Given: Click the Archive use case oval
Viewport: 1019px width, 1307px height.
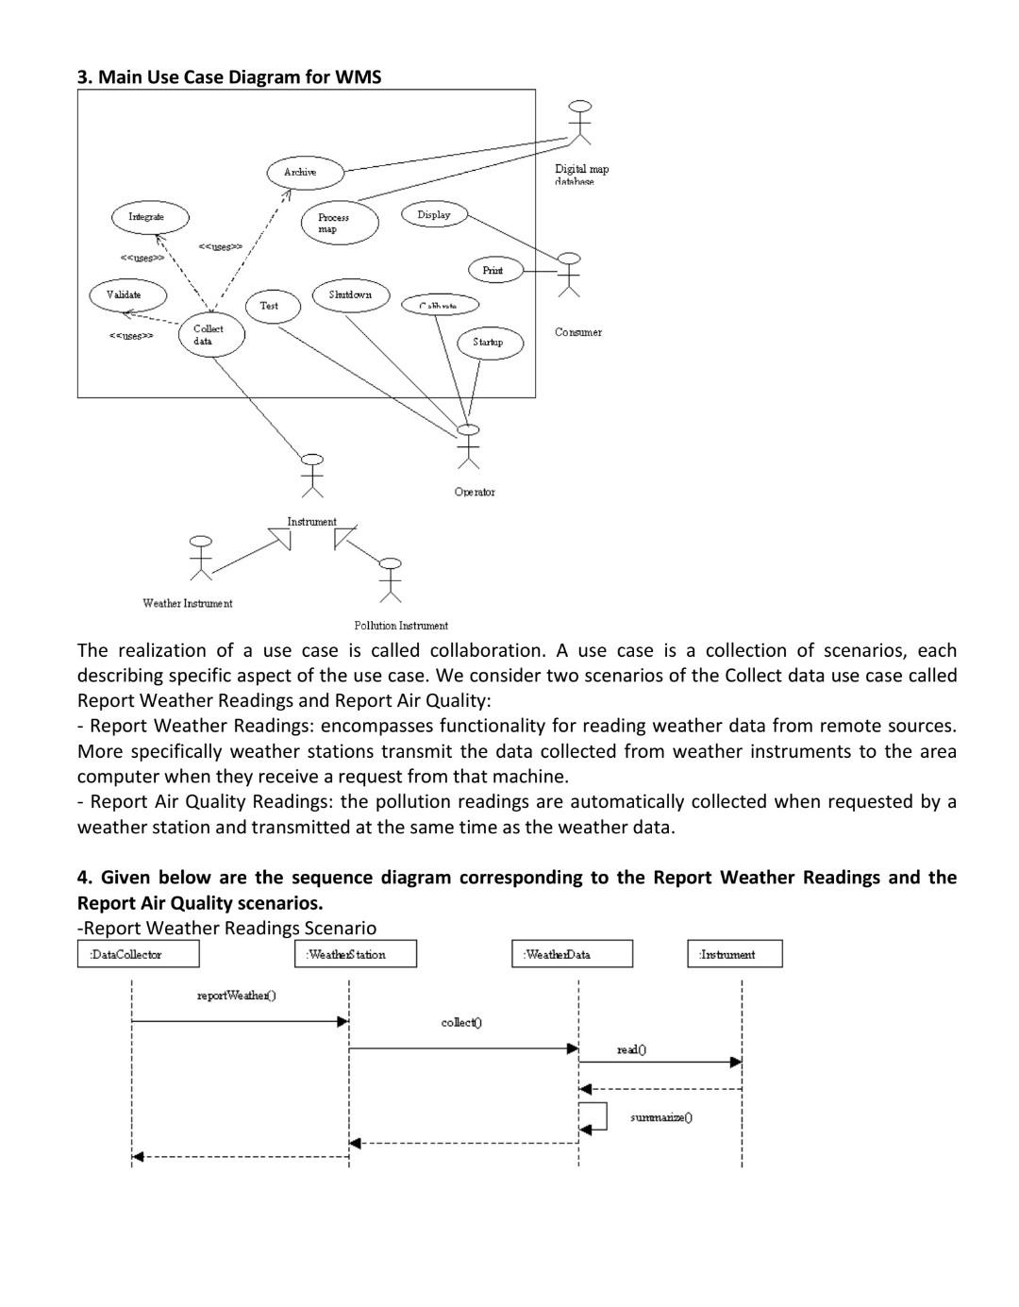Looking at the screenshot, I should tap(302, 173).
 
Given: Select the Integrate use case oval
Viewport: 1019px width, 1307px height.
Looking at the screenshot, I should tap(148, 217).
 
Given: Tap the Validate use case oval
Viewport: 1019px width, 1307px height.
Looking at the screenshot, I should tap(128, 295).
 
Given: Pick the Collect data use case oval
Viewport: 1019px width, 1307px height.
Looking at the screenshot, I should tap(211, 335).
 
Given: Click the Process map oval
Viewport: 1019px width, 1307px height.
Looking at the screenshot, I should tap(340, 224).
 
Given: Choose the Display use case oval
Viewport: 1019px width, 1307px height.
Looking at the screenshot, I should tap(434, 215).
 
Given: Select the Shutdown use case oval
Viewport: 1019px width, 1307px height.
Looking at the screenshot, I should tap(350, 295).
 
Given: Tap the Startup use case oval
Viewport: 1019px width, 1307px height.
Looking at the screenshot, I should tap(488, 342).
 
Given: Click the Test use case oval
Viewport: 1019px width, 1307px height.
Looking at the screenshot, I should tap(271, 306).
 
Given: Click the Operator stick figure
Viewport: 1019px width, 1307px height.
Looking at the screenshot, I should tap(468, 446).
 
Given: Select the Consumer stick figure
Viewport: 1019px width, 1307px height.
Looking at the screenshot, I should tap(568, 274).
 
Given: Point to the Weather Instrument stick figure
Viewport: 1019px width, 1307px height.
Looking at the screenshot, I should tap(200, 558).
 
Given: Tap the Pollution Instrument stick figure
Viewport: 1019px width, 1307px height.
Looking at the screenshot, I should tap(390, 579).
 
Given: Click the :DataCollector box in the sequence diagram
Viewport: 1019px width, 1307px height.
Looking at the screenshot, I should tap(138, 954).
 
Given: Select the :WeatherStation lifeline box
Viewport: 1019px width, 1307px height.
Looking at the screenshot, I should tap(356, 954).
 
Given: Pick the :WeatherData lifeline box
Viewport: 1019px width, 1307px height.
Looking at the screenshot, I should tap(572, 954).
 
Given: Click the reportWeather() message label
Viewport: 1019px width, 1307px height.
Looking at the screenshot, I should tap(236, 996).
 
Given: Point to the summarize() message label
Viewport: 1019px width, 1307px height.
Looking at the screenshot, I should tap(661, 1117).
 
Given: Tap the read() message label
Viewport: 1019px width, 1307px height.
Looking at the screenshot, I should tap(631, 1049).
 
